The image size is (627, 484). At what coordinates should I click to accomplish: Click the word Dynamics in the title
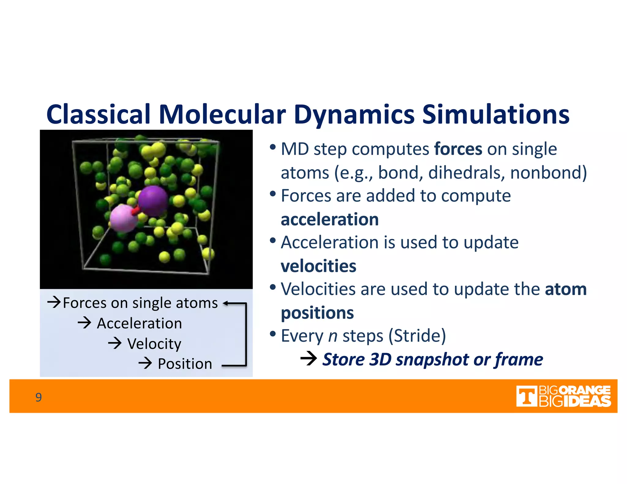click(354, 114)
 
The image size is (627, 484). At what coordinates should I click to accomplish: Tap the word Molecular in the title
click(222, 114)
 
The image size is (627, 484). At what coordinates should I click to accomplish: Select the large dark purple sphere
click(152, 201)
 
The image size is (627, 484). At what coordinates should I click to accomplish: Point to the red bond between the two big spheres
click(135, 210)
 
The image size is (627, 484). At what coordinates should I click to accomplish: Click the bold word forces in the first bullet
click(458, 149)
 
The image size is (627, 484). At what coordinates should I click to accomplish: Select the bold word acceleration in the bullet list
click(329, 220)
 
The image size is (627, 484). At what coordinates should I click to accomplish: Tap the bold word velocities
click(318, 266)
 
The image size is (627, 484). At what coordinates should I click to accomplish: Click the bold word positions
click(317, 313)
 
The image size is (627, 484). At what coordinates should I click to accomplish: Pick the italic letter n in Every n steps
click(333, 336)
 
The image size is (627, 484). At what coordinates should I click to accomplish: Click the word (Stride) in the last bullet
click(417, 336)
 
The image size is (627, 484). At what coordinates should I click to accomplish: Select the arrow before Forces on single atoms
click(54, 302)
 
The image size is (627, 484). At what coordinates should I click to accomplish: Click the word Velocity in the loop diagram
click(154, 344)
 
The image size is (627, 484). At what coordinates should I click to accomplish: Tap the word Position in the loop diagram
click(185, 364)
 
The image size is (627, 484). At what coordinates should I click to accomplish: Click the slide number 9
click(39, 397)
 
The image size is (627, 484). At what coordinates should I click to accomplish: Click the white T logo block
click(526, 397)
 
